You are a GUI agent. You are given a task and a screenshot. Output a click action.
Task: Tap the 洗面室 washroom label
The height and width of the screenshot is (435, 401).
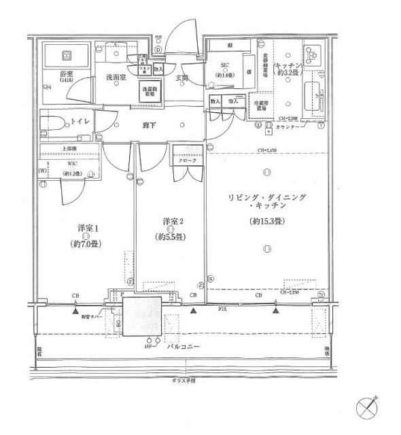[116, 78]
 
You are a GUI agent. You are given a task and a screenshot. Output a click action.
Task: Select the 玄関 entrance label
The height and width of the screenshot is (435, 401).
[182, 78]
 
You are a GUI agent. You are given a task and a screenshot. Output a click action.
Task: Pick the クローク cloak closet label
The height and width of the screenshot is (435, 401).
[188, 160]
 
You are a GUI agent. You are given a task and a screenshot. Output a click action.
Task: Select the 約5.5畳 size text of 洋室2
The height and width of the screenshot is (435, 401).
[171, 237]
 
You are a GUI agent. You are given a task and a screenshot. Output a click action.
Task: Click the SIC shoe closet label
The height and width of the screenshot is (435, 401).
[226, 66]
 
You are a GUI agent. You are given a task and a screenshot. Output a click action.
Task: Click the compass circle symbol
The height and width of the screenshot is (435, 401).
[369, 410]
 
